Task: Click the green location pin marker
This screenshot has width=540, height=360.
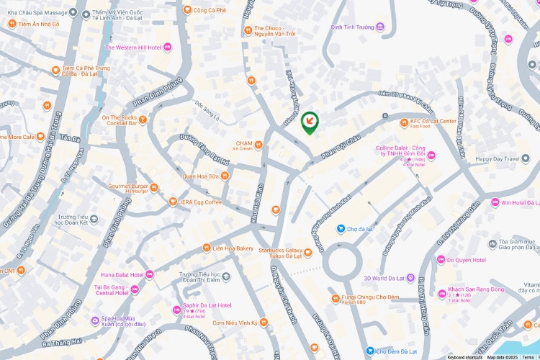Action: click(x=310, y=122)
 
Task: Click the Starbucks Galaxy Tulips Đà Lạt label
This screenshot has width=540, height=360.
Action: click(x=279, y=252)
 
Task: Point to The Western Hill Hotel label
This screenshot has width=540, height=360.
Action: click(x=133, y=48)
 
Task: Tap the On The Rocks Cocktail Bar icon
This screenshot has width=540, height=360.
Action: click(x=143, y=120)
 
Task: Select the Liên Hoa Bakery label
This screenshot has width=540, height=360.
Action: click(x=233, y=248)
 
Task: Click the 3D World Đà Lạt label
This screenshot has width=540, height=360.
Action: click(x=386, y=278)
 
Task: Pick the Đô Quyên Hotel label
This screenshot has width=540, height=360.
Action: click(x=466, y=260)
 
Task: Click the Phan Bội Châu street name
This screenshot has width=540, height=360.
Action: click(x=340, y=147)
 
